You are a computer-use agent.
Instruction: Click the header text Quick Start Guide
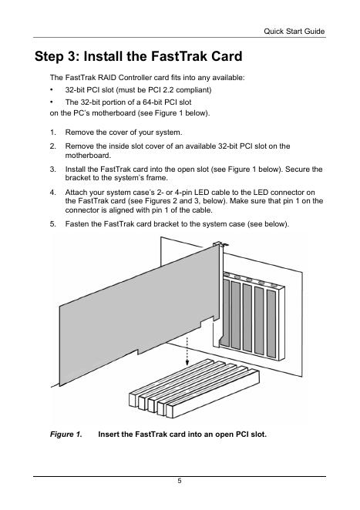(x=294, y=32)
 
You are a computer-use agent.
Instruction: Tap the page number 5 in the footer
(x=180, y=481)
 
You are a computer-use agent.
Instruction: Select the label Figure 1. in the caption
(x=66, y=435)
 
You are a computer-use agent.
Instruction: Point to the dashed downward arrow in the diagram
(x=187, y=351)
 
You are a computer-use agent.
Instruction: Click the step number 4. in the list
(x=52, y=193)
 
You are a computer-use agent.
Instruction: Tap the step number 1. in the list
(x=52, y=133)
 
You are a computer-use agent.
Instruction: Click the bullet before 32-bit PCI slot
(x=52, y=90)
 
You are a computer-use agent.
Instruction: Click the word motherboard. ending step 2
(x=88, y=156)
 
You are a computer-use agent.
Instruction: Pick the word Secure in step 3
(x=298, y=169)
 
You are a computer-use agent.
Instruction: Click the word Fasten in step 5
(x=76, y=224)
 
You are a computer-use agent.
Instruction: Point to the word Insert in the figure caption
(x=109, y=435)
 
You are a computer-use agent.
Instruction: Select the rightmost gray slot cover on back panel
(x=271, y=324)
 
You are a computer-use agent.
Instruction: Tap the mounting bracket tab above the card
(x=220, y=243)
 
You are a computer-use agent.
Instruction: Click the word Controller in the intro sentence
(x=135, y=78)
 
